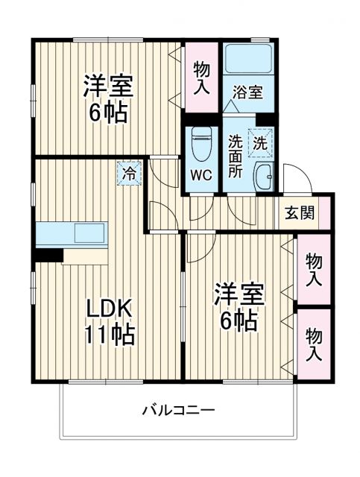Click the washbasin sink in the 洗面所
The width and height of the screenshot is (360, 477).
263,177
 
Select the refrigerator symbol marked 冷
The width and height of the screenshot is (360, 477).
129,174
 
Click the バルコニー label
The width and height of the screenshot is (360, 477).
177,410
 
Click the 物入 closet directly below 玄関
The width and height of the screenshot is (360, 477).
314,269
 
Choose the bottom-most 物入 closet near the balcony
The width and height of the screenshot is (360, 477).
314,344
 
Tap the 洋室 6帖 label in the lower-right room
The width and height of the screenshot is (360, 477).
239,306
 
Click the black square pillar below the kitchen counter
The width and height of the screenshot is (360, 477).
50,254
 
